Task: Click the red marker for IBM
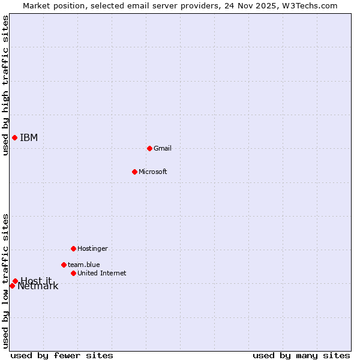click(x=14, y=137)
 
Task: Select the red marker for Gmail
click(x=149, y=148)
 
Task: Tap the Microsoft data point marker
click(x=134, y=172)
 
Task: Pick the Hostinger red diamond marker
click(x=73, y=248)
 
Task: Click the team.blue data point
click(x=64, y=265)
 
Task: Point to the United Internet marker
click(x=73, y=273)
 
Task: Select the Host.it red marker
click(x=15, y=281)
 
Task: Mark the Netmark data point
click(x=12, y=286)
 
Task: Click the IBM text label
click(x=29, y=138)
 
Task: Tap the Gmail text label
click(x=163, y=148)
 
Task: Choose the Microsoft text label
click(x=153, y=172)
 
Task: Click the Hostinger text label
click(x=93, y=248)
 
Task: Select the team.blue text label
click(x=84, y=265)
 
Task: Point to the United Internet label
click(x=102, y=274)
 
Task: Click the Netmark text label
click(x=38, y=287)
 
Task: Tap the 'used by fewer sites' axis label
click(x=62, y=355)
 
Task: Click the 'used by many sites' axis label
click(x=301, y=355)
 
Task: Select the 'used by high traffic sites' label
click(x=5, y=85)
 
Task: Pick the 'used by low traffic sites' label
click(x=5, y=281)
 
